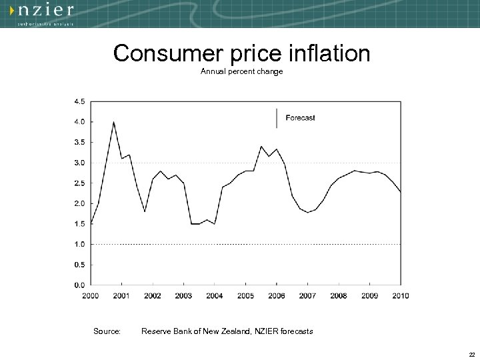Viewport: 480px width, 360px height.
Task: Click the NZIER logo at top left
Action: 46,13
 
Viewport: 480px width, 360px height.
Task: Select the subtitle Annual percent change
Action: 241,71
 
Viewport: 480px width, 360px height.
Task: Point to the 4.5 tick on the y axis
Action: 79,101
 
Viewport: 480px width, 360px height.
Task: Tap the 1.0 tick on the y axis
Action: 79,244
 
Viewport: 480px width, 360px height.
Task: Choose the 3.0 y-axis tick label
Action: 79,163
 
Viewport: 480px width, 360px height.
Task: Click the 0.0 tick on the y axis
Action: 79,285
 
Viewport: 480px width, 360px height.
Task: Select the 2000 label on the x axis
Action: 91,295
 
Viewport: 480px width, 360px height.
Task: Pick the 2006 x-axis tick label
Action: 277,295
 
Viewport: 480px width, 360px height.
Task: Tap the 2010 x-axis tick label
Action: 400,295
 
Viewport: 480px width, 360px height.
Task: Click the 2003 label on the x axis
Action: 183,295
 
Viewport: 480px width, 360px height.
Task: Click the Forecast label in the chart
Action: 300,118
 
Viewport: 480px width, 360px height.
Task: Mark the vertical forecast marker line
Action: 277,118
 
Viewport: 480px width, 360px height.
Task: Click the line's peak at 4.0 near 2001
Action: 114,122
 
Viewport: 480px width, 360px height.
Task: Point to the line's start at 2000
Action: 91,223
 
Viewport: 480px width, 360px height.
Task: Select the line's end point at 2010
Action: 401,192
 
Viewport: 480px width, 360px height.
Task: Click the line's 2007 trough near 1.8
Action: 307,212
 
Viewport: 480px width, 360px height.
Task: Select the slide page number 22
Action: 471,353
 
